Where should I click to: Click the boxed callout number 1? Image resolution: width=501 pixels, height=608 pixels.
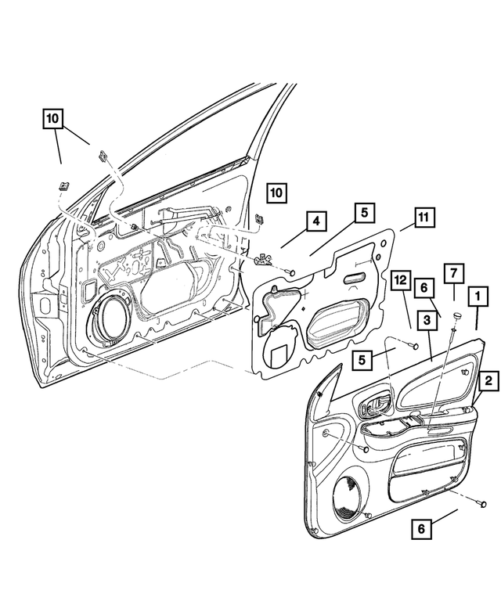475,297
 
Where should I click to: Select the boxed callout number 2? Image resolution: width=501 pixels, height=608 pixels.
487,381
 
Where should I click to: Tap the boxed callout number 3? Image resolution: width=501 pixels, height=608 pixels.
427,320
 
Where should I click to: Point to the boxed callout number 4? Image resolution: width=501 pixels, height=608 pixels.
313,222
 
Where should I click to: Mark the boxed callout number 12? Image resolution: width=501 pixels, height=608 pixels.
401,280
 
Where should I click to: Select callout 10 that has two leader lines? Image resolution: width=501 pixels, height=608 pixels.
52,120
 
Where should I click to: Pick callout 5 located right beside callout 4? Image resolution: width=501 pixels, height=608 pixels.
364,213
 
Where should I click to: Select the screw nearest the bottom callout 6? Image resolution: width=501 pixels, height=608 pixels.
483,503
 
